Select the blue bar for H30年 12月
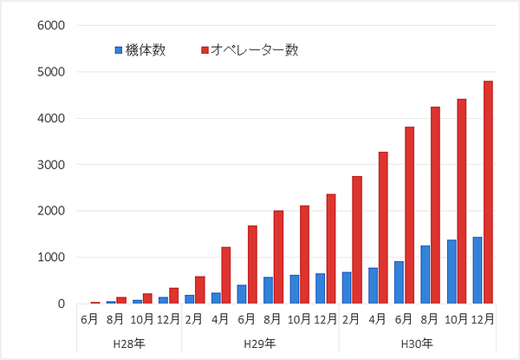477,270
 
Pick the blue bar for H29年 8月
268,290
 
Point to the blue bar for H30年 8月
425,274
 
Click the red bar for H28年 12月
174,296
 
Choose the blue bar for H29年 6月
242,294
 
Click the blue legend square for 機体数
120,50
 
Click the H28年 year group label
128,344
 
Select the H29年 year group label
260,344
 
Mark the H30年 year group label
417,344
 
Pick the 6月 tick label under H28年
89,319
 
